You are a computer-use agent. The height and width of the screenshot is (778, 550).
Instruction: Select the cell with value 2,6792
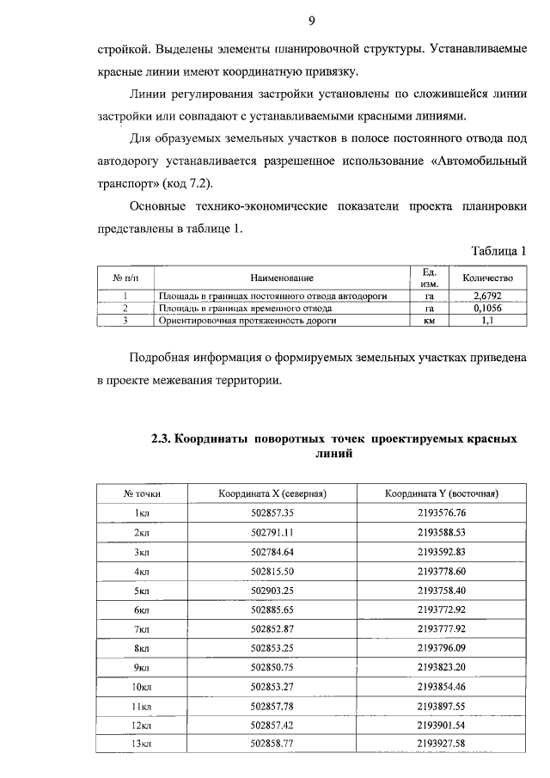click(x=487, y=296)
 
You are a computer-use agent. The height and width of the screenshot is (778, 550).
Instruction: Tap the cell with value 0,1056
click(x=487, y=308)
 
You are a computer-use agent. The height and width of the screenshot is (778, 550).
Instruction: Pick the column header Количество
click(x=487, y=278)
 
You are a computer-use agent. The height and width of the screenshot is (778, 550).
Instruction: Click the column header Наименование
click(x=282, y=278)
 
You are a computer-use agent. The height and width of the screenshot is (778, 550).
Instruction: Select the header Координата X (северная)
click(x=274, y=493)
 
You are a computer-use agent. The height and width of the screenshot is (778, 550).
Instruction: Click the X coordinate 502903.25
click(x=272, y=591)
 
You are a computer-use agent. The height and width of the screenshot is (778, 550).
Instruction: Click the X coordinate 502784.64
click(x=272, y=552)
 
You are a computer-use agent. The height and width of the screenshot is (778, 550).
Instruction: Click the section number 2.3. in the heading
click(x=162, y=438)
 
